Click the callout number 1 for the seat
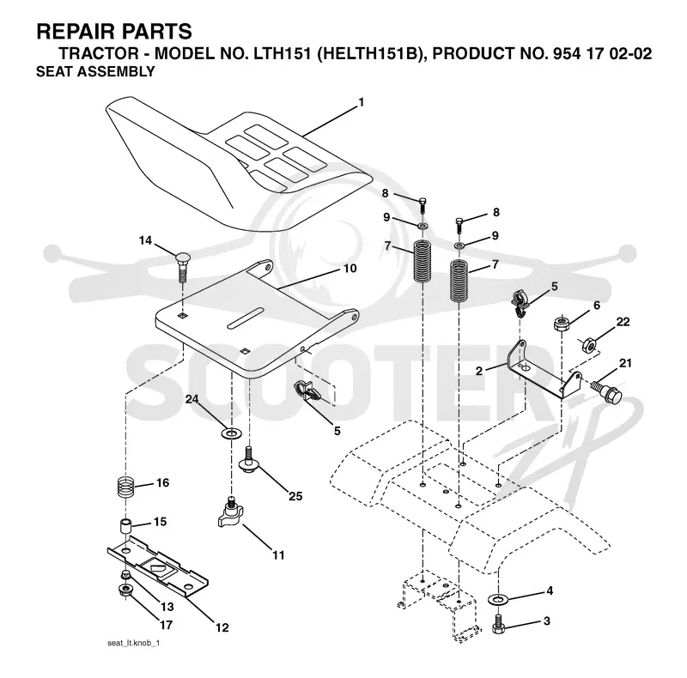tap(361, 102)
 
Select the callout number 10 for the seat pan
tap(350, 268)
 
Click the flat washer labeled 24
tap(231, 434)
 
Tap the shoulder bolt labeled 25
tap(249, 460)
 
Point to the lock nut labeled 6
tap(562, 324)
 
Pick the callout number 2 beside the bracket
tap(479, 371)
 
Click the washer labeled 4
tap(497, 598)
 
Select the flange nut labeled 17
tap(126, 590)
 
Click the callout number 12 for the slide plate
tap(222, 627)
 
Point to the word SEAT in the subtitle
tap(50, 71)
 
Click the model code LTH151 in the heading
tap(282, 53)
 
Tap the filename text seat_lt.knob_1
tap(133, 644)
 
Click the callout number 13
tap(167, 607)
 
